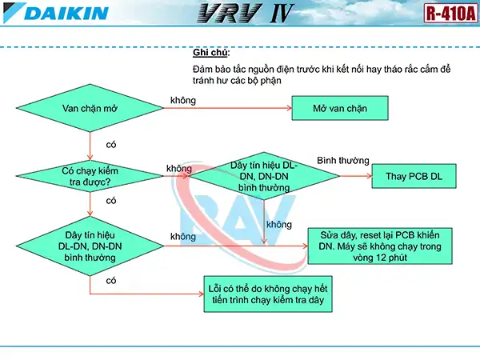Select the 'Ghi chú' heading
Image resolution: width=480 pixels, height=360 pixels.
(210, 53)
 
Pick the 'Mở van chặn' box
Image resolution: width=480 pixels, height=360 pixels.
(340, 108)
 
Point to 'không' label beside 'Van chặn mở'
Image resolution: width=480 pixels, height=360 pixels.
(183, 101)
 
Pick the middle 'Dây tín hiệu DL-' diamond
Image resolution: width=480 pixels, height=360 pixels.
(263, 176)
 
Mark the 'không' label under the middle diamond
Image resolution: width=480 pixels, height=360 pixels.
(278, 225)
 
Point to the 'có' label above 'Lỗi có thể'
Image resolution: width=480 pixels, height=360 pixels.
(111, 281)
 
